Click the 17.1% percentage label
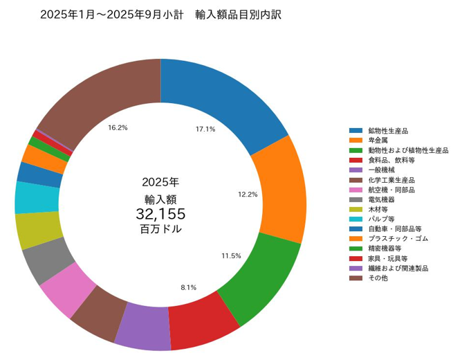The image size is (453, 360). tap(205, 129)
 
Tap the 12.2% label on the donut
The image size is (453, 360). tap(248, 195)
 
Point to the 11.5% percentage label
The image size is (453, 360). tap(231, 255)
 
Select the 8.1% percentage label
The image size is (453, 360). tap(188, 287)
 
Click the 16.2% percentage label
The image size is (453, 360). tap(118, 127)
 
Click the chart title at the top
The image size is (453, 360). tap(160, 14)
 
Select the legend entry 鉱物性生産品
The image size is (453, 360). tap(388, 130)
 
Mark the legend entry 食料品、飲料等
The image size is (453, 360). tap(391, 159)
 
